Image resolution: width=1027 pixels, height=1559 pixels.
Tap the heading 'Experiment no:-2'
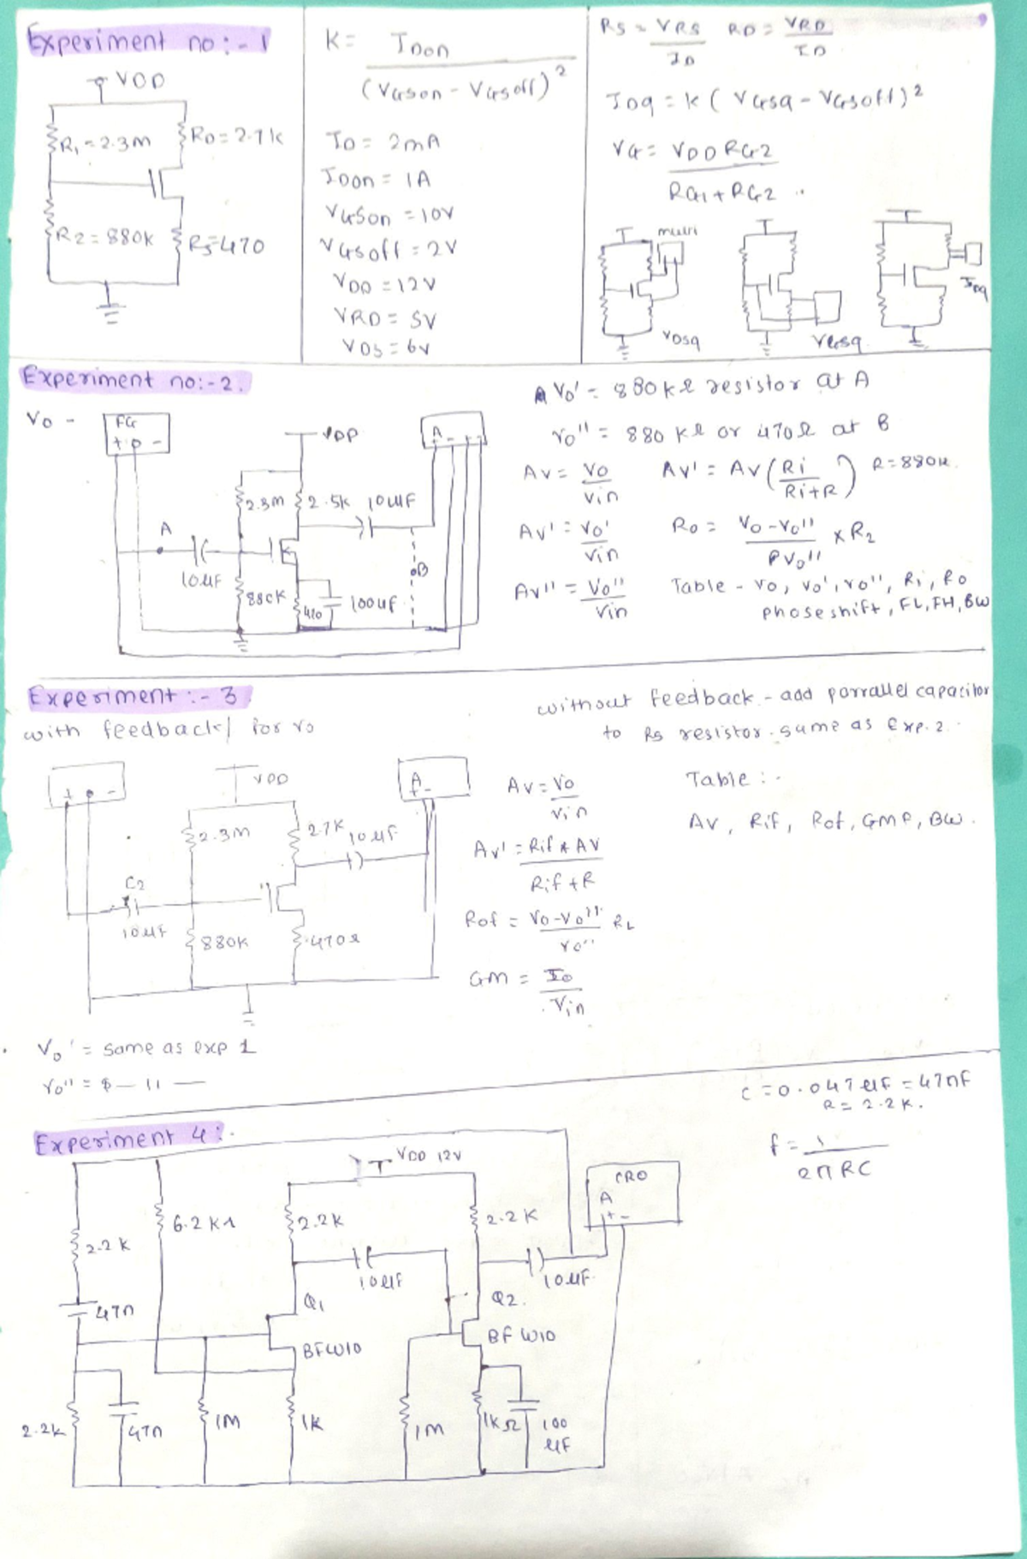[x=133, y=379]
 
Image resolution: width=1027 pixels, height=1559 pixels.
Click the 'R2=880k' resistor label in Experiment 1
[x=100, y=238]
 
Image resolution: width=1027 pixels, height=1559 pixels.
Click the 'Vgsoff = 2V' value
[x=388, y=249]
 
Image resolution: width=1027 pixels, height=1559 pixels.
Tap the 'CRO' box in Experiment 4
[x=632, y=1190]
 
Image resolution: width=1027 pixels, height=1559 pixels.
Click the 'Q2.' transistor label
[x=506, y=1299]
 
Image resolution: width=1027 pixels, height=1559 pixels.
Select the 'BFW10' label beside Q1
[x=332, y=1349]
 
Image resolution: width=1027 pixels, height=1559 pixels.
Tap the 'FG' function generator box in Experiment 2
[x=136, y=433]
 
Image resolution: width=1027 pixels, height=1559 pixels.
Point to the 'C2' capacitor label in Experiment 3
[x=134, y=882]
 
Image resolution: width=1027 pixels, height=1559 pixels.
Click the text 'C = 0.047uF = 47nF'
[x=855, y=1082]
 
